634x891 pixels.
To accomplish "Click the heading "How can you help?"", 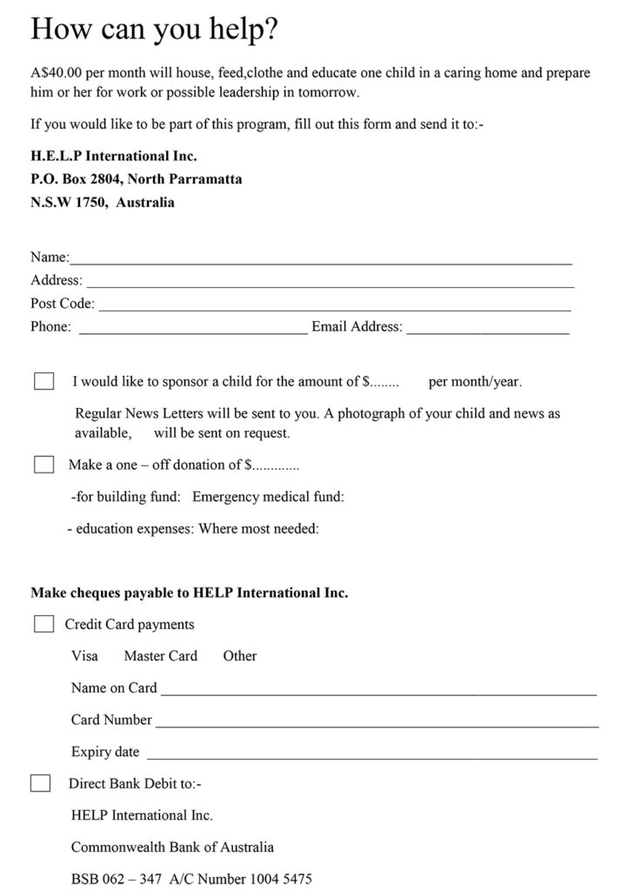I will (x=154, y=30).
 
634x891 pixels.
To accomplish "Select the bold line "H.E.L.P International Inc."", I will (x=114, y=157).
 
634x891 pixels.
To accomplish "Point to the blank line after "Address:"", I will (x=330, y=284).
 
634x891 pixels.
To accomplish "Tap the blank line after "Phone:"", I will (x=192, y=331).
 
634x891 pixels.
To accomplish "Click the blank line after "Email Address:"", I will (x=487, y=331).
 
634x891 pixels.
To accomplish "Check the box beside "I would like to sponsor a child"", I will (x=43, y=381).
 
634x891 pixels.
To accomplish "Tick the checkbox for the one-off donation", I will (x=43, y=465).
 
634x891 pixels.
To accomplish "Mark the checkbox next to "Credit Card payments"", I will (x=43, y=624).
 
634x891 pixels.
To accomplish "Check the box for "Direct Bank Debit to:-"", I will (x=40, y=783).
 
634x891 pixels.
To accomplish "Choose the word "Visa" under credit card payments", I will (x=84, y=656).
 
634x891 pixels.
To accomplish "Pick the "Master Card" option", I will (x=160, y=656).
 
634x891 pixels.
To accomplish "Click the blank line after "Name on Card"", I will (x=378, y=692).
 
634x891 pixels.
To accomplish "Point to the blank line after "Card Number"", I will (x=377, y=724).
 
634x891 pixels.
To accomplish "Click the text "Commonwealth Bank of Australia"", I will (x=172, y=847).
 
